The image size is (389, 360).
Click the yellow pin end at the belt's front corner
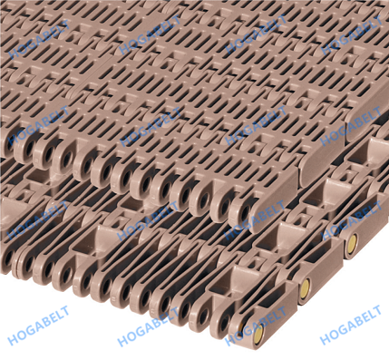pyautogui.click(x=258, y=335)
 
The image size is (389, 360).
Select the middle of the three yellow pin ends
pyautogui.click(x=306, y=286)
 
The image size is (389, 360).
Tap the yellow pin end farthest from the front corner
pyautogui.click(x=352, y=242)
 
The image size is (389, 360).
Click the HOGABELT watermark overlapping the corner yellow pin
pyautogui.click(x=255, y=326)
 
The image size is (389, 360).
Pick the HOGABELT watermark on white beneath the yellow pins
pyautogui.click(x=351, y=325)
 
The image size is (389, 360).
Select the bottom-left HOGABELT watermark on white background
pyautogui.click(x=38, y=326)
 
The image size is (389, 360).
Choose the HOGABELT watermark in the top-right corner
pyautogui.click(x=351, y=35)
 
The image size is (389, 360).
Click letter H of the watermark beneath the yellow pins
pyautogui.click(x=324, y=340)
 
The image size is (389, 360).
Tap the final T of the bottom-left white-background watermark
pyautogui.click(x=65, y=310)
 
